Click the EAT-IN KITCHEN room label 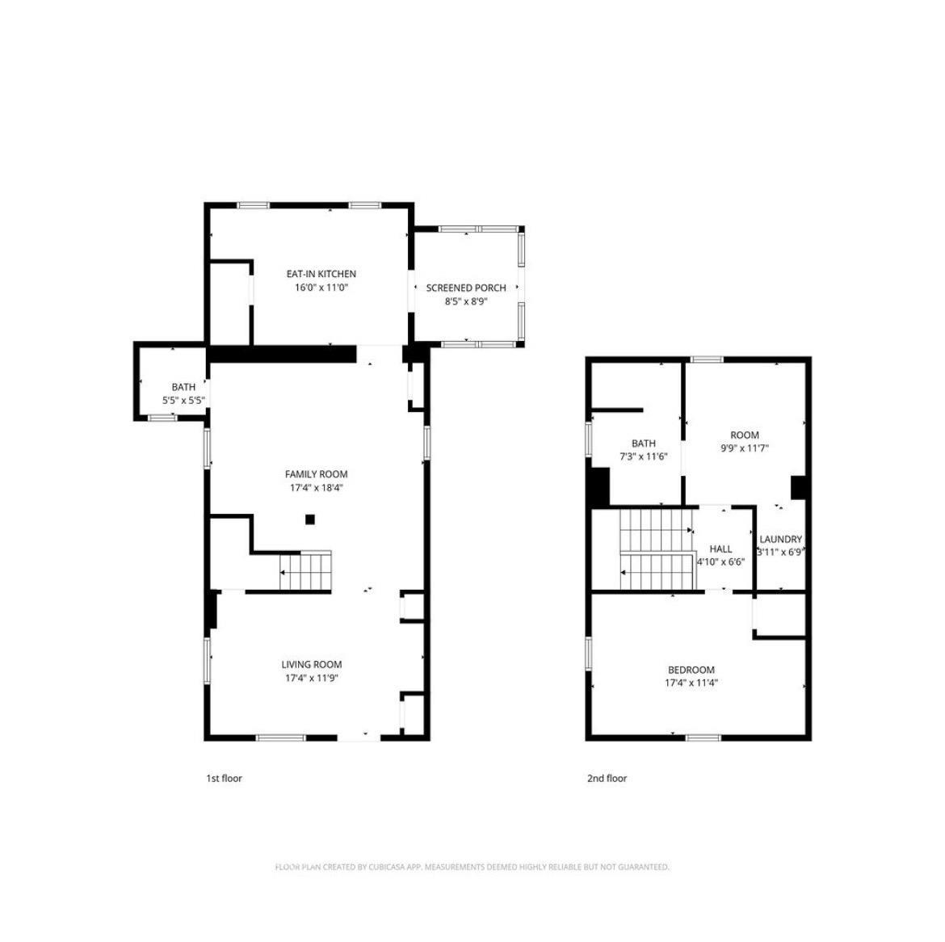(321, 274)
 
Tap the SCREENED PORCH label (466, 288)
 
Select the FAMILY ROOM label (316, 474)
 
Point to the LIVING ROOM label (312, 665)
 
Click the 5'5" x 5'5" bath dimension (184, 400)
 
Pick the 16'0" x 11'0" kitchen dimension (321, 288)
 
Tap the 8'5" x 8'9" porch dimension (466, 301)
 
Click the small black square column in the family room (310, 519)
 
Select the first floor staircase (305, 570)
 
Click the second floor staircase (657, 549)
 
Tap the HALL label (720, 549)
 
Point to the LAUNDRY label (780, 540)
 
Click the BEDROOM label (691, 671)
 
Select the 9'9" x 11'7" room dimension (745, 448)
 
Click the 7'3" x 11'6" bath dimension (643, 456)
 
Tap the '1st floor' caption (225, 779)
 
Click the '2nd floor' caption (607, 779)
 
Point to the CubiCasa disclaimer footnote (472, 867)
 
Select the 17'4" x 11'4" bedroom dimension (691, 683)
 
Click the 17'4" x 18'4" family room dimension (316, 488)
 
